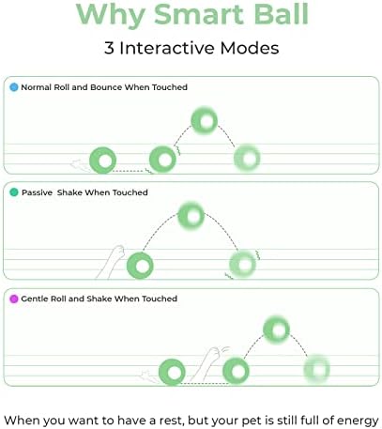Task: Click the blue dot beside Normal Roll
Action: pyautogui.click(x=14, y=87)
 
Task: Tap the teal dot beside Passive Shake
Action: pyautogui.click(x=14, y=192)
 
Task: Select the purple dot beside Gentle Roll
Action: pyautogui.click(x=14, y=299)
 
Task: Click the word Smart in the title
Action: pyautogui.click(x=199, y=14)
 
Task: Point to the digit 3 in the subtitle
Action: pyautogui.click(x=109, y=48)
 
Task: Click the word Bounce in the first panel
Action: pyautogui.click(x=106, y=87)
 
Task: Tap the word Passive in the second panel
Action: pyautogui.click(x=37, y=192)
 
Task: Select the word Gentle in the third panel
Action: pyautogui.click(x=34, y=299)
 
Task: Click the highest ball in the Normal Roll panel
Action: pyautogui.click(x=205, y=120)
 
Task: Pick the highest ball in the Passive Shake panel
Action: pyautogui.click(x=191, y=216)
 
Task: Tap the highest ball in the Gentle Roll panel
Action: pyautogui.click(x=276, y=329)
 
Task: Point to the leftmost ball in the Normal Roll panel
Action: pyautogui.click(x=102, y=161)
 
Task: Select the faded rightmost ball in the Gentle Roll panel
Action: pyautogui.click(x=317, y=370)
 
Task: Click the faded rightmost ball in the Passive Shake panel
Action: pyautogui.click(x=243, y=265)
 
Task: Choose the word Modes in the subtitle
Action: pyautogui.click(x=250, y=48)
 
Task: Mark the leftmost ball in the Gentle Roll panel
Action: pyautogui.click(x=172, y=372)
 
